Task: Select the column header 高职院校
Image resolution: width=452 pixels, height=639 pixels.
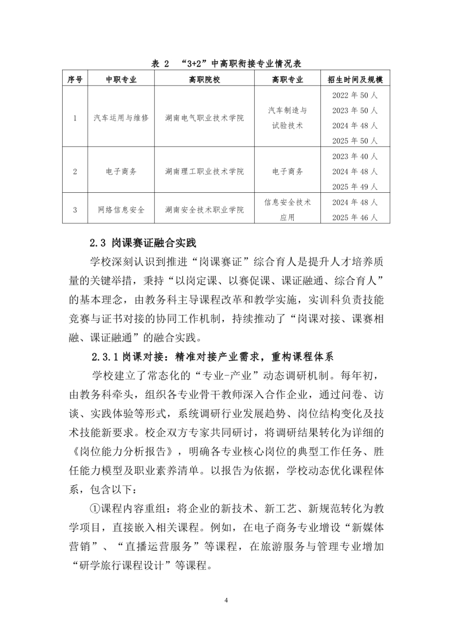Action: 204,80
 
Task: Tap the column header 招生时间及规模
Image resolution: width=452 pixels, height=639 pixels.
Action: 355,80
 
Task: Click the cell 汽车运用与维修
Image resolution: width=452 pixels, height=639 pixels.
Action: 121,118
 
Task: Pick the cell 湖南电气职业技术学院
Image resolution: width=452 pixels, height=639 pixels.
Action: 204,118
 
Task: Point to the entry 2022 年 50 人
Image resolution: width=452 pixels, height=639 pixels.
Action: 355,94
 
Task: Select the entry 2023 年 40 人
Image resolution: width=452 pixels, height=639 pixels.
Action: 355,156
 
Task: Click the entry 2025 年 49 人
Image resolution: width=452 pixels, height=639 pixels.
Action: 355,187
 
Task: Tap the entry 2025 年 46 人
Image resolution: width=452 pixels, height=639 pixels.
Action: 355,217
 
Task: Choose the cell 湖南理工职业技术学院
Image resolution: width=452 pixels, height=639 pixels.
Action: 204,171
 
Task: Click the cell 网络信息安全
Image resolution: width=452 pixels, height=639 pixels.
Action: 121,210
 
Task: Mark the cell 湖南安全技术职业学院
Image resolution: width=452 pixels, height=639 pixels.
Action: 204,210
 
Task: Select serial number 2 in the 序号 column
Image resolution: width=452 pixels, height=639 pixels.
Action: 75,171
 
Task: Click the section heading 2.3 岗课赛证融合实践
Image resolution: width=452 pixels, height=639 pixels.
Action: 142,244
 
